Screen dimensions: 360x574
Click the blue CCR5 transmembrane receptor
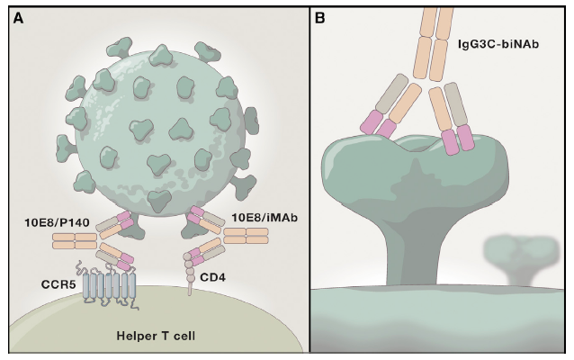click(108, 287)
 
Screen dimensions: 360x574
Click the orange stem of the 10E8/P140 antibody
click(74, 241)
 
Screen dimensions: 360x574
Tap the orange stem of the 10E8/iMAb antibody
click(246, 236)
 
